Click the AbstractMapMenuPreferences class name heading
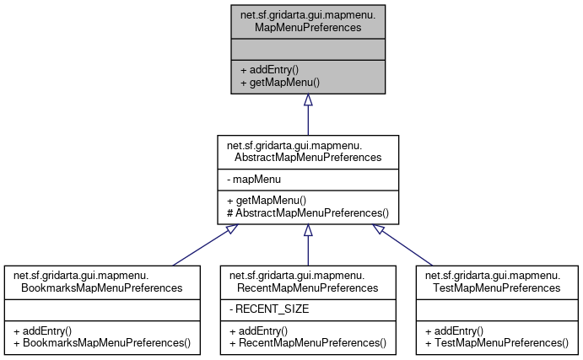coord(308,150)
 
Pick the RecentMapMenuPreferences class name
coord(308,282)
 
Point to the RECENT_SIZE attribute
coord(269,309)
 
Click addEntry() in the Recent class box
coord(258,330)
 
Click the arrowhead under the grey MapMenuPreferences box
coord(308,100)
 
